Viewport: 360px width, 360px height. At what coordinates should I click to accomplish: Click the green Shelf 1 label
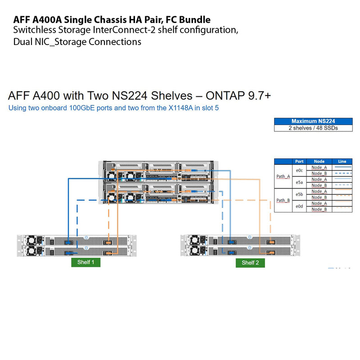click(86, 263)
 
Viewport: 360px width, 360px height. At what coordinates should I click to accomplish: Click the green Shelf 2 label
click(250, 263)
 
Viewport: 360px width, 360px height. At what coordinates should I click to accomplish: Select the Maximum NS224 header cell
click(313, 121)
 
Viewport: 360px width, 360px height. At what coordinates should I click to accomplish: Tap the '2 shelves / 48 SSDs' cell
click(313, 128)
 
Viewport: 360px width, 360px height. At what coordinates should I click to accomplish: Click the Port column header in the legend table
click(299, 161)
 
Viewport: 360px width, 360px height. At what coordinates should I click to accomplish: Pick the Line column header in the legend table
click(342, 161)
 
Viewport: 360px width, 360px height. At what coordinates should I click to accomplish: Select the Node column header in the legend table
click(319, 161)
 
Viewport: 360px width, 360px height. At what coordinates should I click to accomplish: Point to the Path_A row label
click(283, 176)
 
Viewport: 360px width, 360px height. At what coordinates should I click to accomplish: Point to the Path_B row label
click(283, 200)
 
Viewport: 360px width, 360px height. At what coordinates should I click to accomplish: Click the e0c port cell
click(299, 171)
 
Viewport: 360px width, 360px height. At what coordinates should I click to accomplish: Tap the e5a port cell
click(299, 182)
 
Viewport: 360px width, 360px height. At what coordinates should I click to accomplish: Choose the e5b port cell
click(299, 194)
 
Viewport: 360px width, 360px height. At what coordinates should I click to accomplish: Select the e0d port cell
click(299, 206)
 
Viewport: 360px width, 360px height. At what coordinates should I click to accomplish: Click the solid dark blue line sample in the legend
click(342, 167)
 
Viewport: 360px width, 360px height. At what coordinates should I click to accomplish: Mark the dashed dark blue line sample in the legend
click(342, 173)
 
